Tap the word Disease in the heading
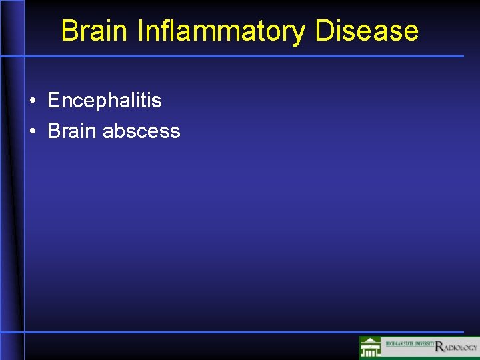point(367,31)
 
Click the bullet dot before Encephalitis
point(33,101)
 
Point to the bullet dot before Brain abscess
point(33,131)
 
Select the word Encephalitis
point(105,101)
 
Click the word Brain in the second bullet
point(72,131)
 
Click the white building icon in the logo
point(371,348)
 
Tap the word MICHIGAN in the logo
point(392,343)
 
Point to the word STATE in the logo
point(408,343)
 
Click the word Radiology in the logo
point(456,347)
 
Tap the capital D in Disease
point(325,31)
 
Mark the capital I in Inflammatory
point(141,31)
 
